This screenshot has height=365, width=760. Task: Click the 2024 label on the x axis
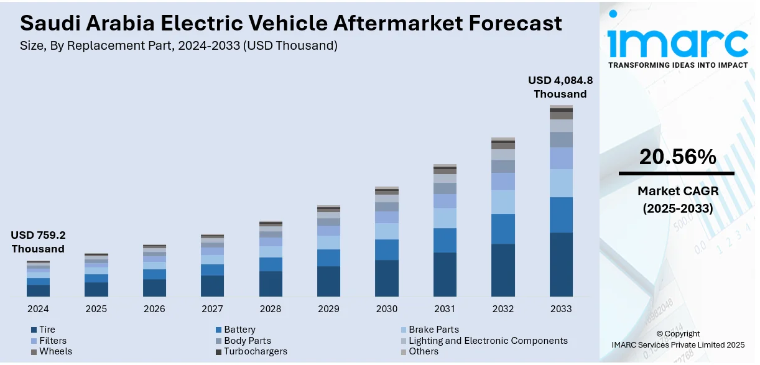coord(38,308)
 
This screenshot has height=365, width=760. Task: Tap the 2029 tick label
coord(328,308)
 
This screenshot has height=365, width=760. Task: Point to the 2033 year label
coord(561,308)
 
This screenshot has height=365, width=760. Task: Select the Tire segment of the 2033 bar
coord(561,264)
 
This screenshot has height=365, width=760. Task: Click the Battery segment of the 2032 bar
coord(503,229)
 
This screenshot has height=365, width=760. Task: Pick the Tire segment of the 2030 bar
coord(386,278)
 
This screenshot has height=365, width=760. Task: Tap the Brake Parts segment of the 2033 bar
coord(561,183)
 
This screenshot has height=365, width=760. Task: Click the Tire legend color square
coord(34,330)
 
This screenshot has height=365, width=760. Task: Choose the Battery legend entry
coord(239,330)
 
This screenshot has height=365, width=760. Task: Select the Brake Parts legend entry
coord(433,330)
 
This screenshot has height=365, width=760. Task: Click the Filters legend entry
coord(52,341)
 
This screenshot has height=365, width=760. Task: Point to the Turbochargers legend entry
coord(256,351)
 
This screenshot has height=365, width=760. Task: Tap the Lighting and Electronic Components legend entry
coord(488,341)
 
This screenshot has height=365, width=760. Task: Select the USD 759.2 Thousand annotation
coord(38,242)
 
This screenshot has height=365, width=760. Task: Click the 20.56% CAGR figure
coord(677,157)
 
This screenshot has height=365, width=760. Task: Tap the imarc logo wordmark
coord(677,42)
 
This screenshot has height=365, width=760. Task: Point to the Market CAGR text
coord(677,190)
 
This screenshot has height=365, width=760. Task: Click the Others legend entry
coord(423,351)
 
